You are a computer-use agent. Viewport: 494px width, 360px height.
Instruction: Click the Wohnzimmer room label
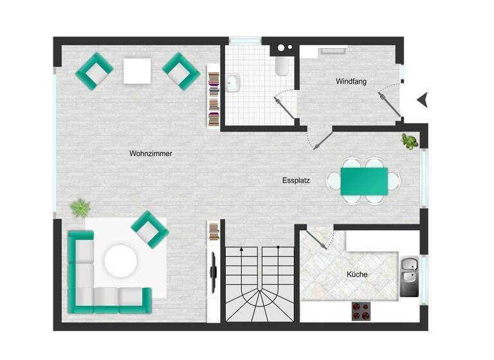(x=151, y=154)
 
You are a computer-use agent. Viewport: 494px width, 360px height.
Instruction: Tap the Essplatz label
(x=296, y=181)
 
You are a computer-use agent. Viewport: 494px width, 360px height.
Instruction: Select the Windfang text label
(x=350, y=82)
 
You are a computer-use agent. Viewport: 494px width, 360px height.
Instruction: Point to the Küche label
(x=357, y=274)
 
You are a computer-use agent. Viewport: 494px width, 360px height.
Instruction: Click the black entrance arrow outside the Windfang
(x=422, y=100)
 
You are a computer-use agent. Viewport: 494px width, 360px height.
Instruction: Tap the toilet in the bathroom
(x=282, y=67)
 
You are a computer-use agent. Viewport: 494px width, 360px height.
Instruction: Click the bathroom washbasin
(x=233, y=82)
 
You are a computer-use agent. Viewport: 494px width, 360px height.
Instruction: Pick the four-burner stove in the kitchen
(x=361, y=311)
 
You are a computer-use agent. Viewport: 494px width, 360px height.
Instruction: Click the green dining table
(x=364, y=180)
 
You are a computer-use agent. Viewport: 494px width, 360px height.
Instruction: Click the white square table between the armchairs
(x=137, y=71)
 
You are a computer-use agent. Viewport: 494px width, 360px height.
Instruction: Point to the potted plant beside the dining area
(x=408, y=140)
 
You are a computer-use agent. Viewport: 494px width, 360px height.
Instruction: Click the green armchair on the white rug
(x=150, y=229)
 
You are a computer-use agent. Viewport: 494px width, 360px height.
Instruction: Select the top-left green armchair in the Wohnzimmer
(x=95, y=71)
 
